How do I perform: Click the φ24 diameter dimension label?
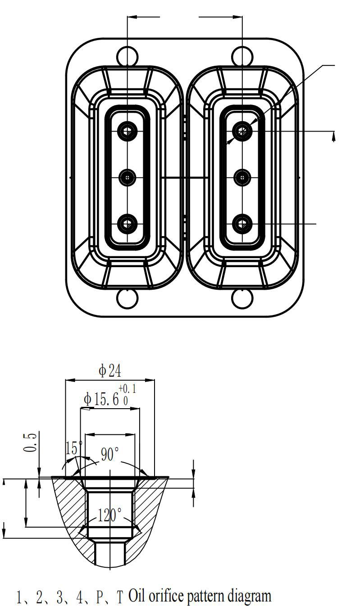(110, 371)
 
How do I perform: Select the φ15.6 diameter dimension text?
(101, 399)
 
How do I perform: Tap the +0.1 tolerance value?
(127, 389)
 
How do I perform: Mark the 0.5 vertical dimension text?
(30, 442)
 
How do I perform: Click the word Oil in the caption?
(137, 595)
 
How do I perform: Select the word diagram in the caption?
(249, 596)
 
